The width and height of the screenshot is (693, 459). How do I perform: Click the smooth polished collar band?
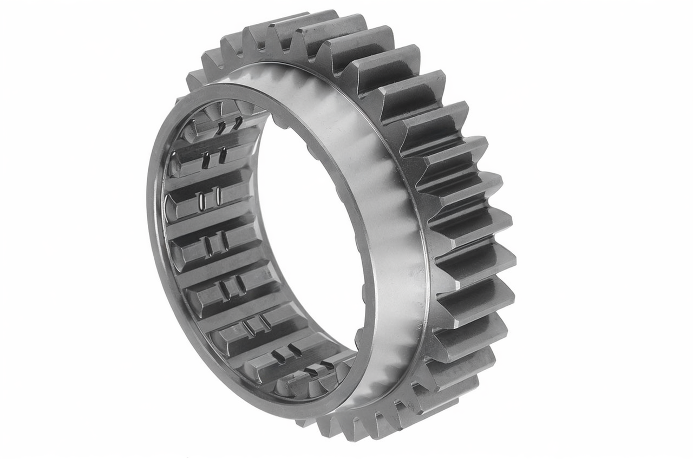[379, 217]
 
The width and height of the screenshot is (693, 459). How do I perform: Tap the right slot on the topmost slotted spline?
[237, 123]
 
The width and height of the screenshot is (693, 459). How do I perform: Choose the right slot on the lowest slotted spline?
[326, 366]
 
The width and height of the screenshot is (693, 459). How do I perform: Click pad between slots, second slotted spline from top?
[214, 158]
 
